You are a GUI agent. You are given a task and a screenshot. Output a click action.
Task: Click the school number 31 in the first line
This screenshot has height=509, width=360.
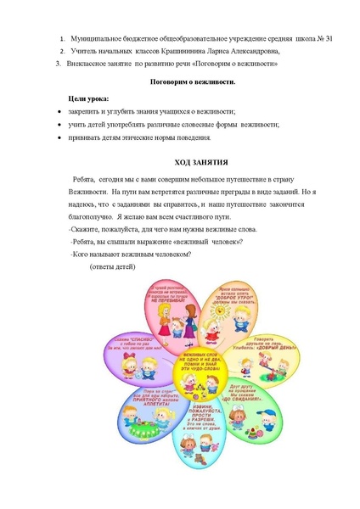281,39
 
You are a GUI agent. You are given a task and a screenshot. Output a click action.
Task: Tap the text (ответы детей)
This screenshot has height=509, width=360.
113,266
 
